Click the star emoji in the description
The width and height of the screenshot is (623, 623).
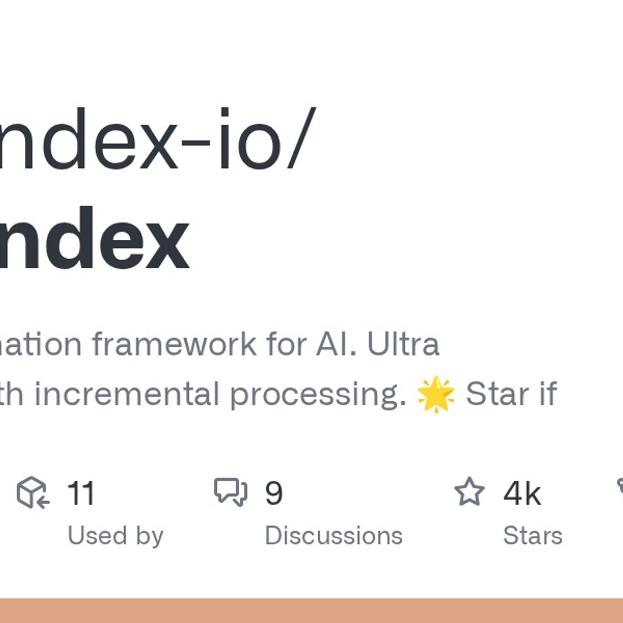(x=436, y=394)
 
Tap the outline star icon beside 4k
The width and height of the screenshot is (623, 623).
(x=469, y=492)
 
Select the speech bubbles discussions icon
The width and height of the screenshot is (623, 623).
(x=231, y=492)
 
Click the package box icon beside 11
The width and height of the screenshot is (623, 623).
(x=32, y=492)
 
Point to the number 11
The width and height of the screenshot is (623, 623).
(x=81, y=493)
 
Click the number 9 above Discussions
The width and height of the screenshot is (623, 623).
(x=274, y=493)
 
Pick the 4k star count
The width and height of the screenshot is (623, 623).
(x=522, y=493)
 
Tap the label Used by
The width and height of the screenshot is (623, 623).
(x=115, y=535)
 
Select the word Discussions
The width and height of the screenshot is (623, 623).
(x=333, y=535)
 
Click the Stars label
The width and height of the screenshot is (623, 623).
(x=532, y=535)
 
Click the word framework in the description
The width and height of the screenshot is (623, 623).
(x=174, y=344)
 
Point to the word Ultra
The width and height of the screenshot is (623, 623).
(x=403, y=344)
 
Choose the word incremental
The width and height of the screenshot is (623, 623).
(x=127, y=394)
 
